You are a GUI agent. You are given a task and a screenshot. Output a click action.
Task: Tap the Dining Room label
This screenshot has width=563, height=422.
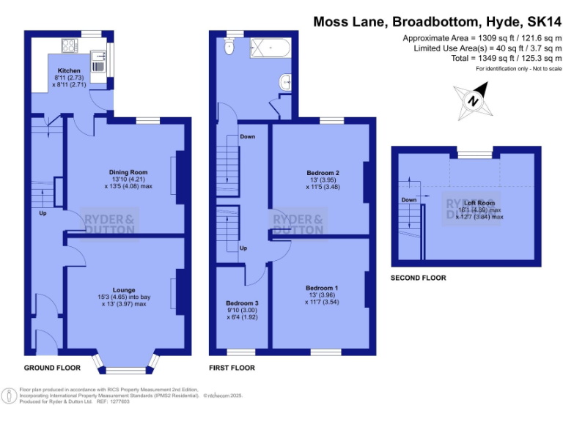[123, 173]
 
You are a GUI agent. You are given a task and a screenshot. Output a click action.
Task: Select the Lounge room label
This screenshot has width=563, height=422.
[124, 290]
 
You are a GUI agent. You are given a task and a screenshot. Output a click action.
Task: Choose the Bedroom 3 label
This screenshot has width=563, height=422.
[242, 303]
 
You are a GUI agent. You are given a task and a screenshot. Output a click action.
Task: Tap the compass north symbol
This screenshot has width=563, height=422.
[474, 102]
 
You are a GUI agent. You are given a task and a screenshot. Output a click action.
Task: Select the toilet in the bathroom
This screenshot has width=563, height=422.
[229, 48]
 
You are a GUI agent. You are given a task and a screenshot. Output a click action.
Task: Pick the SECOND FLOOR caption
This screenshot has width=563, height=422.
[418, 278]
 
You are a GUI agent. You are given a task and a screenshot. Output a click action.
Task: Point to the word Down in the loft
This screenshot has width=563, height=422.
[408, 199]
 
